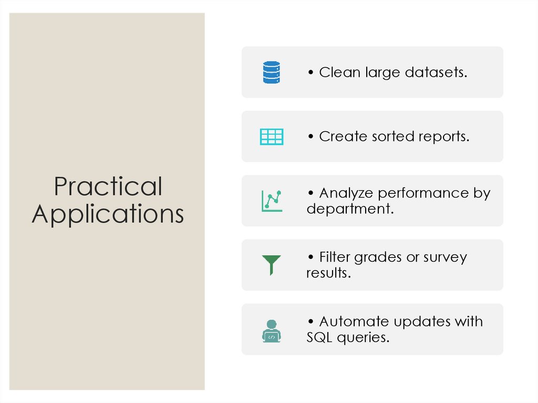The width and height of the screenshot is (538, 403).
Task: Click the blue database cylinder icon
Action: coord(271,73)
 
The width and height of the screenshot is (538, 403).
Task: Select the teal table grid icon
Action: coord(271,137)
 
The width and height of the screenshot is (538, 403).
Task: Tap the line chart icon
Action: coord(271,201)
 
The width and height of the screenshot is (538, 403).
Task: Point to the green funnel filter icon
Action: coord(271,264)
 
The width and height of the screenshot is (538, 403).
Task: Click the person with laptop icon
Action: coord(271,330)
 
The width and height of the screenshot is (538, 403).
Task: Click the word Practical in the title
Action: coord(108,187)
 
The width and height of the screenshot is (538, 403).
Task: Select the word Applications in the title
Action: coord(108,214)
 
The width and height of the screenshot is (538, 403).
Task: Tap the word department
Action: coord(349,209)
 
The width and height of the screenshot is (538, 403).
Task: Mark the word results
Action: coord(328,273)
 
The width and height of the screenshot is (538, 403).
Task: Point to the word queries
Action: coord(363,337)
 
